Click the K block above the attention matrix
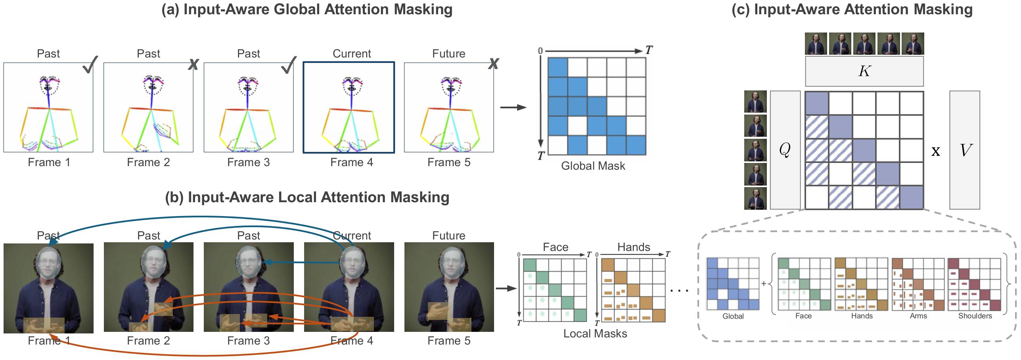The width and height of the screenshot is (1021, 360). pyautogui.click(x=864, y=71)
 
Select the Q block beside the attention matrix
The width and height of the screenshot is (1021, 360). pyautogui.click(x=785, y=150)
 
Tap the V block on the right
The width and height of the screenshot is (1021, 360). pyautogui.click(x=964, y=150)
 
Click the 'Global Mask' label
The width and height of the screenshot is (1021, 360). pyautogui.click(x=593, y=166)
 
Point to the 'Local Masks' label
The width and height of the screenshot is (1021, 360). pyautogui.click(x=595, y=333)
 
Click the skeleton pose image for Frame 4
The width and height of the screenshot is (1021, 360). pyautogui.click(x=349, y=107)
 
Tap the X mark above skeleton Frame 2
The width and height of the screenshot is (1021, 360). pyautogui.click(x=193, y=64)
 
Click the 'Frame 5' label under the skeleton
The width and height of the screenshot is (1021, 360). pyautogui.click(x=449, y=163)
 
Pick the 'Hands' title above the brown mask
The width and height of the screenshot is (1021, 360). pyautogui.click(x=634, y=247)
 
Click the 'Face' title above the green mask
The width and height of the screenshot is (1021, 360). pyautogui.click(x=556, y=247)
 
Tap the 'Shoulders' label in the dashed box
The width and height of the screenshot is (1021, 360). pyautogui.click(x=975, y=316)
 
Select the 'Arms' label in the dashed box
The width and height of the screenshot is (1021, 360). pyautogui.click(x=918, y=316)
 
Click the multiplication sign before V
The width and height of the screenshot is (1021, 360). pyautogui.click(x=936, y=151)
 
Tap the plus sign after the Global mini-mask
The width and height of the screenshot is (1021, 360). pyautogui.click(x=764, y=283)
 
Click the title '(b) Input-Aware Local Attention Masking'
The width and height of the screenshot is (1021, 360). pyautogui.click(x=307, y=197)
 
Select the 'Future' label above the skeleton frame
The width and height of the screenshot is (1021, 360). pyautogui.click(x=449, y=54)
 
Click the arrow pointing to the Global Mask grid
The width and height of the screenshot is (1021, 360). pyautogui.click(x=513, y=107)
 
